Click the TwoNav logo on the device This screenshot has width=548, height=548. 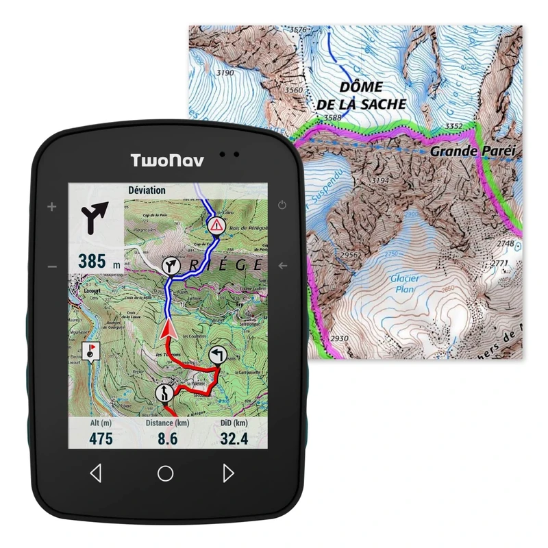pyautogui.click(x=165, y=162)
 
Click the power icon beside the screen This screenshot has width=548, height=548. pyautogui.click(x=282, y=206)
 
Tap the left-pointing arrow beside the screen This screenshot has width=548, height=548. pyautogui.click(x=282, y=266)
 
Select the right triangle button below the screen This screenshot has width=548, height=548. pyautogui.click(x=229, y=473)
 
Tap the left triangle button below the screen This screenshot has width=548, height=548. pyautogui.click(x=96, y=473)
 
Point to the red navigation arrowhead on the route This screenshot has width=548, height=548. pyautogui.click(x=166, y=332)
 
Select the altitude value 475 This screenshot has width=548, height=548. pyautogui.click(x=101, y=438)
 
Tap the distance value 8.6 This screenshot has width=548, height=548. pyautogui.click(x=167, y=438)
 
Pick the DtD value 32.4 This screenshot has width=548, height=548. pyautogui.click(x=234, y=438)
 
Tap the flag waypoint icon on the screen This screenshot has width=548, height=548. pyautogui.click(x=90, y=352)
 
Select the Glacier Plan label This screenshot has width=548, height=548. pyautogui.click(x=405, y=284)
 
